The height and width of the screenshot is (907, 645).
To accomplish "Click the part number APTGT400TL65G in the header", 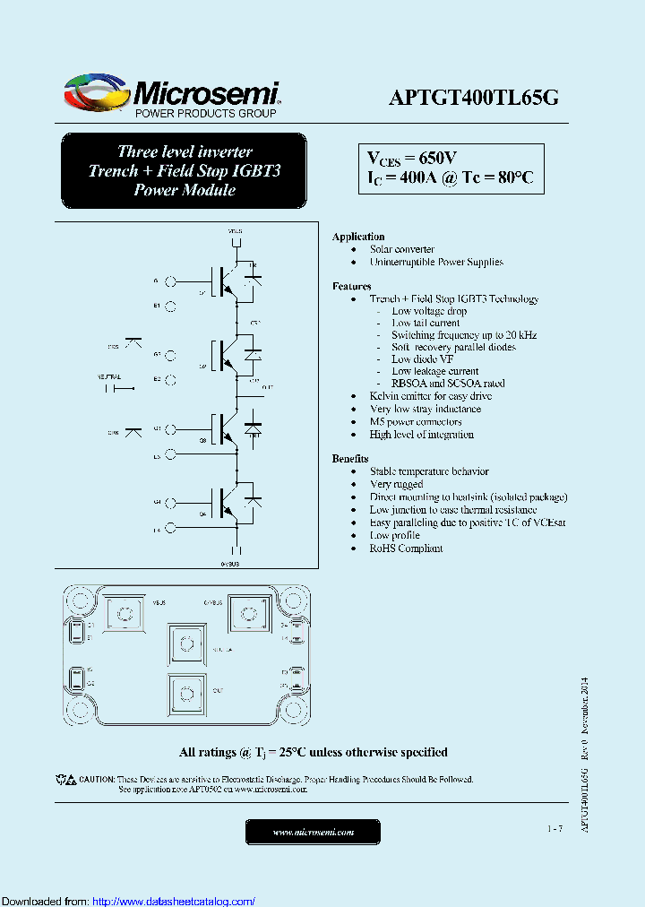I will point(474,99).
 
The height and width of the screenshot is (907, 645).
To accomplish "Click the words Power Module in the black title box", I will point(185,190).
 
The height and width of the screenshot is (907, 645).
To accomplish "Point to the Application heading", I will point(358,237).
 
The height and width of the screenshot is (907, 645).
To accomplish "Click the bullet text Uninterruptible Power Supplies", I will point(436,262).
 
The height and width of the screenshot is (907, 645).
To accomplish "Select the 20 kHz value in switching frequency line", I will point(520,334).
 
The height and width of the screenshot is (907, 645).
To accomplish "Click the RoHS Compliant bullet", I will point(406,548).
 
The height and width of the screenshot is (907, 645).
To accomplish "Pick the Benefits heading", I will point(350,458).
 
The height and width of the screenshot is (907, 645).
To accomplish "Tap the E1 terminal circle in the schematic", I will point(170,306).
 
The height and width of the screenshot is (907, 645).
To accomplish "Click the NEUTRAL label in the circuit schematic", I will point(107,377).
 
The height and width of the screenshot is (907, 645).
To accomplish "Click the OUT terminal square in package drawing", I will point(186,692).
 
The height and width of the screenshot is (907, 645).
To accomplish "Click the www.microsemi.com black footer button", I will point(313,833).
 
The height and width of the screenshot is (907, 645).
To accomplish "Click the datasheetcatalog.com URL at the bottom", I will point(174,902).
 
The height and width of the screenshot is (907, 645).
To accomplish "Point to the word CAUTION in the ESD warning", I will point(96,779).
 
